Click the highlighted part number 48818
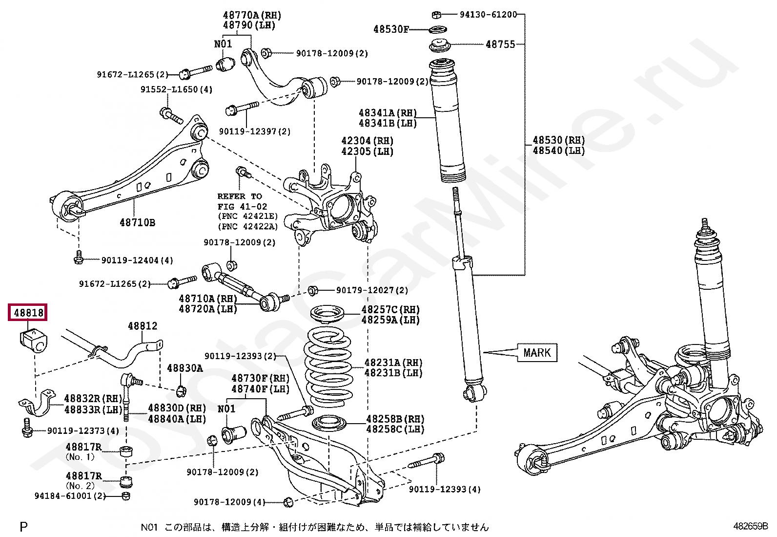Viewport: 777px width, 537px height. (29, 313)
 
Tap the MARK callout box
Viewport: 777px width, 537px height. (537, 353)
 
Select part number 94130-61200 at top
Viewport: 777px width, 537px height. (488, 15)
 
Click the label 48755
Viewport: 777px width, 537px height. (500, 44)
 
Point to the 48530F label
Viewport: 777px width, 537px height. (391, 29)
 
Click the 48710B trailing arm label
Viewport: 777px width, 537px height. (137, 223)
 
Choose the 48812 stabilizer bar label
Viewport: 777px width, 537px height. (143, 326)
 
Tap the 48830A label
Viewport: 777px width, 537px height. (185, 368)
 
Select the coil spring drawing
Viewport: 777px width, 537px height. (327, 366)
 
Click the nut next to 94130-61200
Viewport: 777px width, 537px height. (436, 15)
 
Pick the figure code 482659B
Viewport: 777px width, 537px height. (751, 526)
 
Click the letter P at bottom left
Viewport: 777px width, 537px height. (23, 527)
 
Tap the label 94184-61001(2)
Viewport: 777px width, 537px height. (70, 495)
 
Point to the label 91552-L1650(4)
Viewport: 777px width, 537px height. (176, 89)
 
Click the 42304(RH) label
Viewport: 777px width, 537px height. (368, 141)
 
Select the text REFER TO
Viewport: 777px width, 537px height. (240, 196)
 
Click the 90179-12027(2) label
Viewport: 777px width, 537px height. (372, 290)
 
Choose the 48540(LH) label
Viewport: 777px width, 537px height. (559, 151)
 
